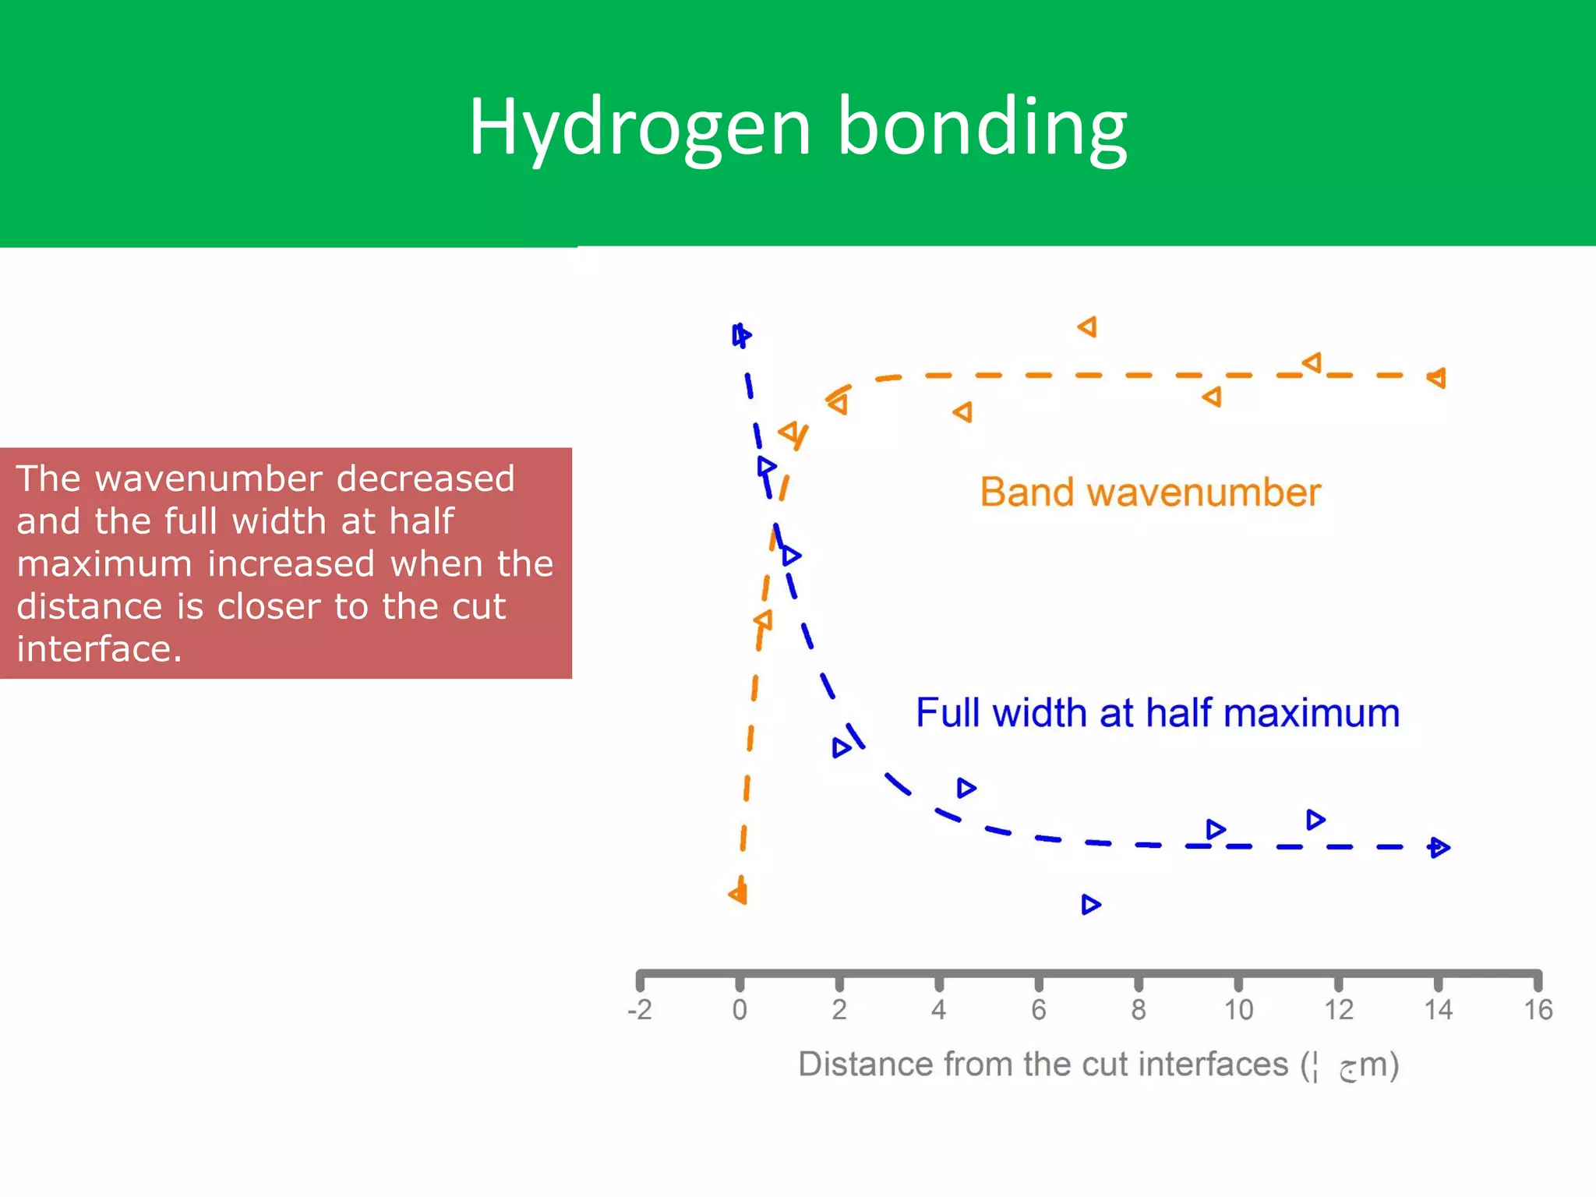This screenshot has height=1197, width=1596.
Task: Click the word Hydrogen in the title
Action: tap(639, 127)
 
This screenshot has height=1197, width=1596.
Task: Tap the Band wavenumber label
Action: tap(1150, 493)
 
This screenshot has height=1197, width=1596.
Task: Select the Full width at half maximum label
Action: tap(1157, 713)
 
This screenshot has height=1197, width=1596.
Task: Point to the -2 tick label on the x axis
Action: tap(639, 1010)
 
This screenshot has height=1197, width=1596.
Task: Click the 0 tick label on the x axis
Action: tap(740, 1010)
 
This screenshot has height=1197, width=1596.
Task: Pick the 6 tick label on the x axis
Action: tap(1039, 1010)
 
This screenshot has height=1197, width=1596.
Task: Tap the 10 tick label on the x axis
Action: tap(1238, 1010)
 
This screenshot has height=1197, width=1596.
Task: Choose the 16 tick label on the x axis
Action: tap(1538, 1010)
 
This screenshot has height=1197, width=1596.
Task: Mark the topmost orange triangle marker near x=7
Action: tap(1088, 327)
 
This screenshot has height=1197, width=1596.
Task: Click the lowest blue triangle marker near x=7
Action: tap(1090, 905)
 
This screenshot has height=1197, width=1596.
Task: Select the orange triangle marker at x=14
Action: tap(1437, 378)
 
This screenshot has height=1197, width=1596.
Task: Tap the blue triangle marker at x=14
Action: tap(1439, 847)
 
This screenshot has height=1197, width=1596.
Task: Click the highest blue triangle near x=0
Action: tap(741, 336)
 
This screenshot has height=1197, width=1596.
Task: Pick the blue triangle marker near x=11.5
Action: tap(1315, 820)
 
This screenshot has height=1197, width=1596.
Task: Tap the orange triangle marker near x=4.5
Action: tap(963, 411)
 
